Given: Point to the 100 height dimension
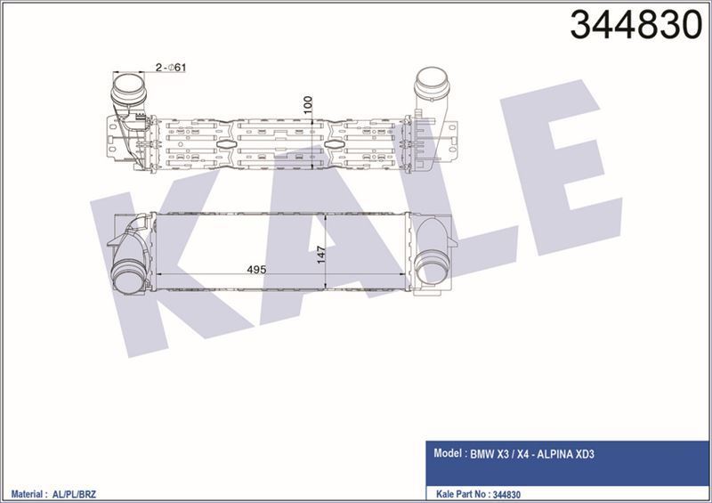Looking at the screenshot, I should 308,105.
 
